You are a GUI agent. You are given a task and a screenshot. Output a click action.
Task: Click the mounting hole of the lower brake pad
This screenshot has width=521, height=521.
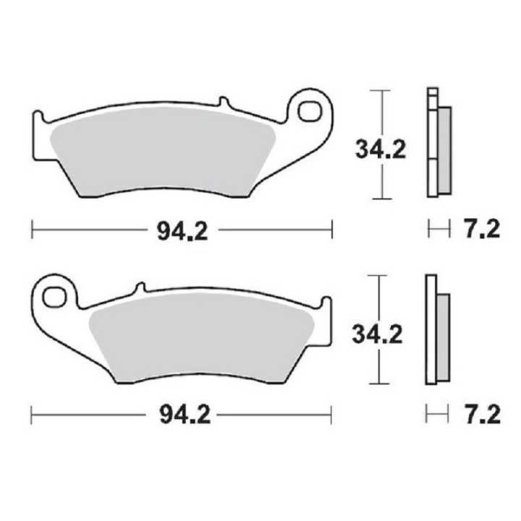click(x=53, y=297)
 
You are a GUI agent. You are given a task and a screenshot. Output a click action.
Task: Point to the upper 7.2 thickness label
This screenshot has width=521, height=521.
click(x=480, y=230)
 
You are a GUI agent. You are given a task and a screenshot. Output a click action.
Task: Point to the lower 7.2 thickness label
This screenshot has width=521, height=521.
click(x=480, y=415)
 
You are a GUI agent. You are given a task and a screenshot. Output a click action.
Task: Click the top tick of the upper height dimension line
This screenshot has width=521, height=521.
click(x=380, y=90)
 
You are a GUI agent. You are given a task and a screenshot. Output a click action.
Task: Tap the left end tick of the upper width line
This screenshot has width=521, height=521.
click(x=33, y=231)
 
